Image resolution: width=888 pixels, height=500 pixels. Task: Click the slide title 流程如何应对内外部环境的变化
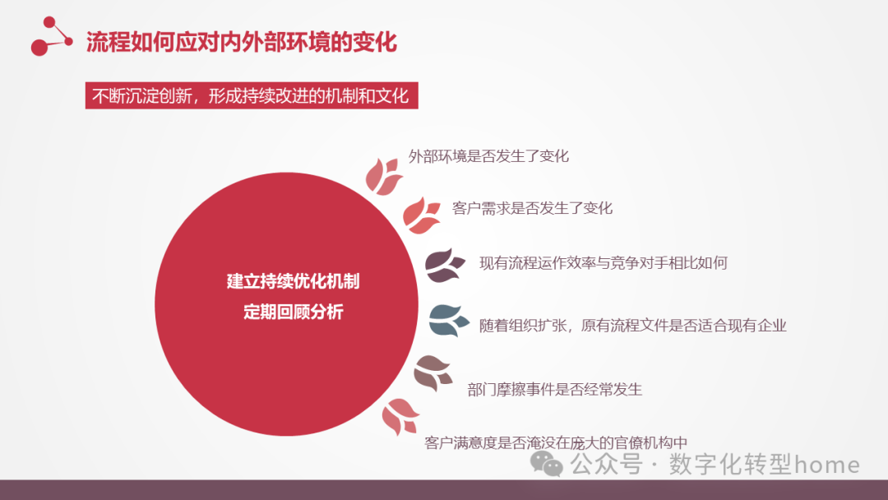tap(242, 42)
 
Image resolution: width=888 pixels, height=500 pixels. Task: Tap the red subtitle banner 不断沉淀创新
tap(252, 95)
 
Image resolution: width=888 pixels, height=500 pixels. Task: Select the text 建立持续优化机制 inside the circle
tap(293, 281)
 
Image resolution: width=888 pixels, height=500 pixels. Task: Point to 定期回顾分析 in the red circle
tap(293, 312)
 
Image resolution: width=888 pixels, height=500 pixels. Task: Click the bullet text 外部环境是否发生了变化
tap(488, 156)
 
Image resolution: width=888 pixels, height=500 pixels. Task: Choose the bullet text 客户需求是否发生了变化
tap(532, 208)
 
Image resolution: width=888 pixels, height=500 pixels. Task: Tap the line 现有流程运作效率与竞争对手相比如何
tap(603, 263)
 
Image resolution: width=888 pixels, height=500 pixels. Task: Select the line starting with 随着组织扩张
tap(632, 325)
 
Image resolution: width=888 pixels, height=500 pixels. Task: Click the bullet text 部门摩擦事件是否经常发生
tap(554, 389)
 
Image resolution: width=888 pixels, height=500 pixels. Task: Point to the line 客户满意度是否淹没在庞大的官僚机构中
tap(556, 442)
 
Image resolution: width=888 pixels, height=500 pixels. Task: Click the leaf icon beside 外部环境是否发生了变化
tap(383, 174)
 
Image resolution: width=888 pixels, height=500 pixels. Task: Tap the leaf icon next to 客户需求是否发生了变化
tap(422, 215)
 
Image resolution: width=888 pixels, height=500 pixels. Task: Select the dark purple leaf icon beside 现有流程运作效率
tap(445, 265)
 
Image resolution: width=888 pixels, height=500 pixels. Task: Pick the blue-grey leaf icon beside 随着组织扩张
tap(449, 321)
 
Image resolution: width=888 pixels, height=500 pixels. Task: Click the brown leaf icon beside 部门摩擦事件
tap(433, 373)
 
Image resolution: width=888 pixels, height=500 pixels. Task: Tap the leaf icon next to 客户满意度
tap(401, 417)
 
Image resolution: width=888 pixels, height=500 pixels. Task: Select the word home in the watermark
tap(827, 465)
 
